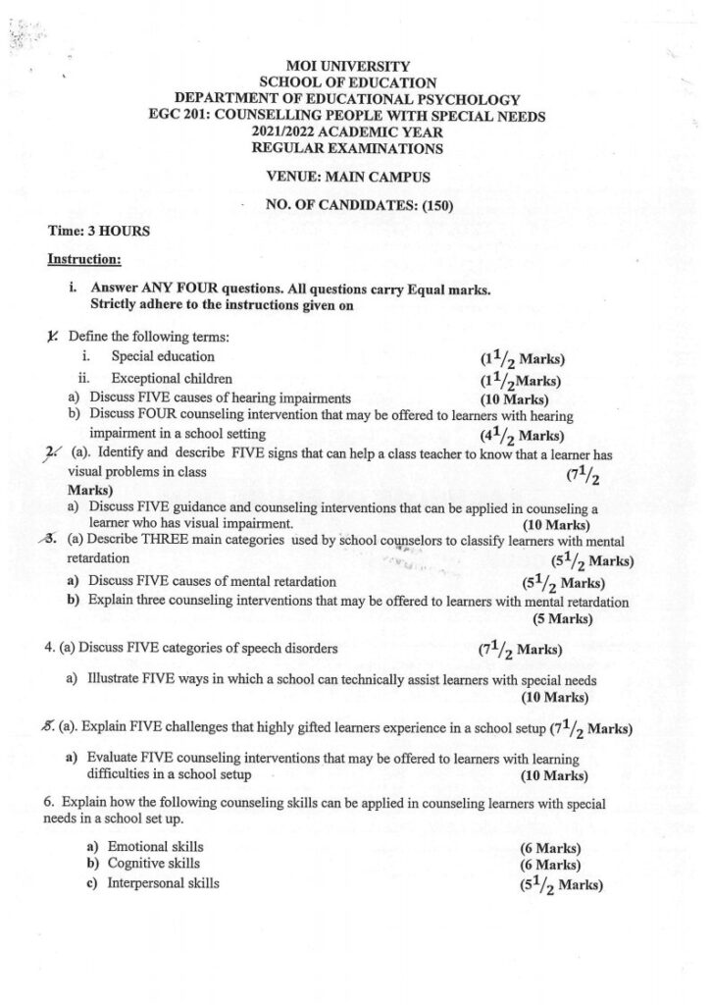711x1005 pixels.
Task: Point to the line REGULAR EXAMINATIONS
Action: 347,149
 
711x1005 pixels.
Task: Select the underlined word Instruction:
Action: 84,260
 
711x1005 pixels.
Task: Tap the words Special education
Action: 163,356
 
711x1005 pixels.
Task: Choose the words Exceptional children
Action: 172,378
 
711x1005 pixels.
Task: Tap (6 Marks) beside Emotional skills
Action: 550,849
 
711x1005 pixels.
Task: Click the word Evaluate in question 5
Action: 112,759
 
